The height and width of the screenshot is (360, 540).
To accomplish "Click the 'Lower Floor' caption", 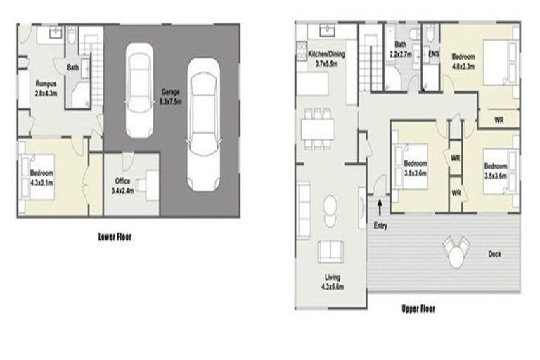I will point(114,238).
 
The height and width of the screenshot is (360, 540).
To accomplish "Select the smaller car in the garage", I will point(139,90).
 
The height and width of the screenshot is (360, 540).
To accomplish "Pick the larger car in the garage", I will point(202,124).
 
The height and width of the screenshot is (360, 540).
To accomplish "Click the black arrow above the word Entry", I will point(380,206).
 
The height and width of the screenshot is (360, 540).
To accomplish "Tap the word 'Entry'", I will point(380,225).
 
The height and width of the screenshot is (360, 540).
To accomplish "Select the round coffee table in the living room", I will point(328,205).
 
